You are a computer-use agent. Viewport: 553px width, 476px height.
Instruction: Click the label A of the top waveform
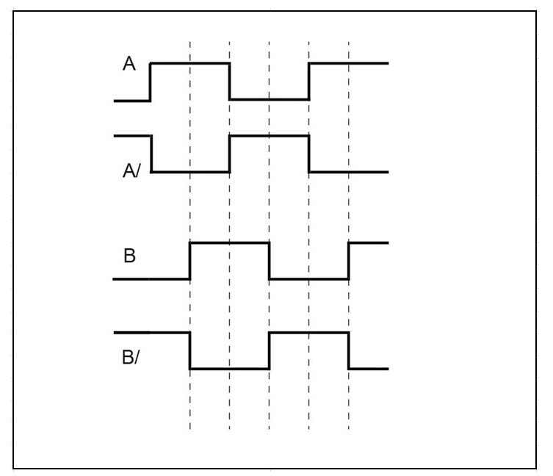(x=129, y=63)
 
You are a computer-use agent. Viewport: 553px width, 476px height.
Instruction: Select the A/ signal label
(x=131, y=170)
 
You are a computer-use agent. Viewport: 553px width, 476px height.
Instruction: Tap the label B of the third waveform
(x=129, y=256)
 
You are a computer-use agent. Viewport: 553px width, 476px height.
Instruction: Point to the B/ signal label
(x=131, y=357)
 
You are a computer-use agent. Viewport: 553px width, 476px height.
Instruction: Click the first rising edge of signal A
(x=151, y=82)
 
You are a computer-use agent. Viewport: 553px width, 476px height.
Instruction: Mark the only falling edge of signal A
(x=230, y=82)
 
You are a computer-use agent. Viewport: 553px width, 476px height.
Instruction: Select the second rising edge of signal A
(x=309, y=82)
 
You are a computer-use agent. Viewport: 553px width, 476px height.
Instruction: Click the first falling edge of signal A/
(x=151, y=154)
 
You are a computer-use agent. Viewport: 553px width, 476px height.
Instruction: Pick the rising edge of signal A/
(x=230, y=154)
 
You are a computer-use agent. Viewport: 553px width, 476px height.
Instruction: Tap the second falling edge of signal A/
(x=309, y=154)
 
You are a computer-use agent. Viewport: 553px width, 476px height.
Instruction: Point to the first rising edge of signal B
(x=189, y=261)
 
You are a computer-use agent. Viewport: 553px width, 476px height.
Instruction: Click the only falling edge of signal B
(x=269, y=261)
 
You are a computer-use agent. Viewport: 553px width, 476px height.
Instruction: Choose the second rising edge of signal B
(x=348, y=261)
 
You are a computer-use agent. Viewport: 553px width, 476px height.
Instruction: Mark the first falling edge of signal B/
(x=189, y=350)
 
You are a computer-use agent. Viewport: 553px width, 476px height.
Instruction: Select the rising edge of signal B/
(x=269, y=350)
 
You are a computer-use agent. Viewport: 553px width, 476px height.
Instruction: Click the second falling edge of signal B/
(x=348, y=350)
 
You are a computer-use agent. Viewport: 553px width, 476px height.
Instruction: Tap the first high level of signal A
(x=190, y=63)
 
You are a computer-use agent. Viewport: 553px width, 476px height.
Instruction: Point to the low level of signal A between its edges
(x=269, y=99)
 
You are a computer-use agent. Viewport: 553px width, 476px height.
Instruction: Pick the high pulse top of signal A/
(x=269, y=136)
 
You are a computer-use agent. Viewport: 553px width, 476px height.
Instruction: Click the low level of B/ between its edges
(x=230, y=369)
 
